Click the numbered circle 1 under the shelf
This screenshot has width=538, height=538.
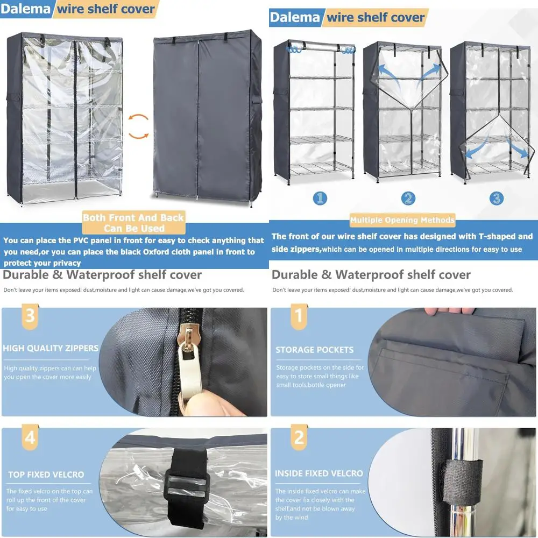coord(320,198)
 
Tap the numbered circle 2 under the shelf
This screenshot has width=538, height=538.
coord(408,198)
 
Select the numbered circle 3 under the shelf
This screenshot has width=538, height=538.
coord(496,198)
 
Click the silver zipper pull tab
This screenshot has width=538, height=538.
coord(189,371)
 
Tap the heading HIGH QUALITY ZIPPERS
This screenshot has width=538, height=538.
coord(51,348)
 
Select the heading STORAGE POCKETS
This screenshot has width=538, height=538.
coord(315,350)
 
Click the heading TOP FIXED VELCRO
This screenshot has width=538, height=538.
coord(46,475)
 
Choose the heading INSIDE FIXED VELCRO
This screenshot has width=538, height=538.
coord(319,473)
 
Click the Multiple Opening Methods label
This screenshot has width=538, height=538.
coord(402,220)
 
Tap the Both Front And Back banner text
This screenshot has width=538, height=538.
coord(133,223)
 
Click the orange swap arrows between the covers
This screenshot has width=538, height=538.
coord(139,126)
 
